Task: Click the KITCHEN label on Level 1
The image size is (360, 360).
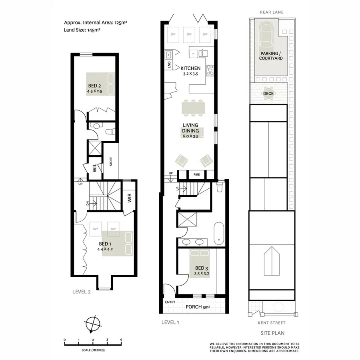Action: coord(190,68)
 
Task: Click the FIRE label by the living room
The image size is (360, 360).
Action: coord(196,175)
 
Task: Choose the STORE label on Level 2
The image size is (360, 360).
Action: coord(111,162)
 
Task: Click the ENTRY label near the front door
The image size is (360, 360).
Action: coord(170,302)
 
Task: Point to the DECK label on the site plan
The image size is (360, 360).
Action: coord(269,94)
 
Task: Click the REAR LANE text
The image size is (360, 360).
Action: coord(272,12)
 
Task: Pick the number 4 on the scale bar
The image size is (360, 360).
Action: coord(121,340)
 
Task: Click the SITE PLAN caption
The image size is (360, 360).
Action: coord(272,333)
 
